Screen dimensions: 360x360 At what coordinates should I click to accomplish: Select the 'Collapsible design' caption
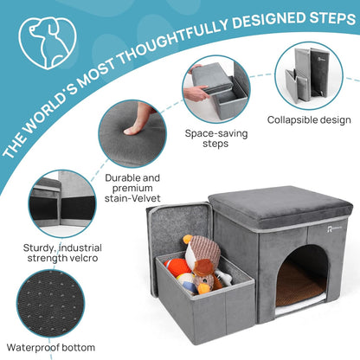click(309, 120)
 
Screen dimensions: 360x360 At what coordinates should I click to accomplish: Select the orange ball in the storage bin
click(176, 267)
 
